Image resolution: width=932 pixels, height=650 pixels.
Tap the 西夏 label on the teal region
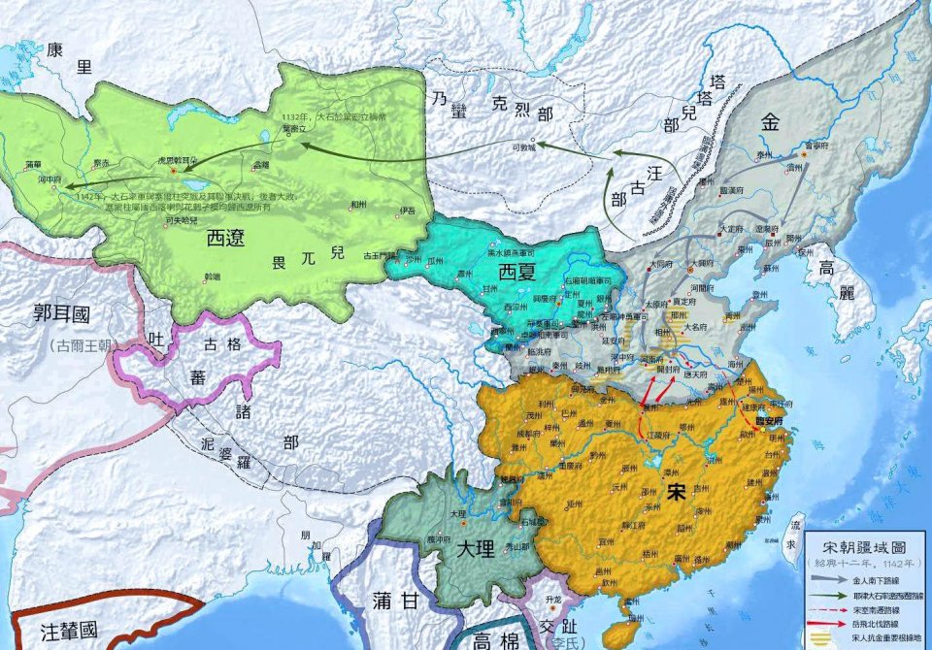[517, 274]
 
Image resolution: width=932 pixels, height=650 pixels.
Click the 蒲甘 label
[394, 601]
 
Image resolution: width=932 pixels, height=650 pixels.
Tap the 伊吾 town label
[407, 211]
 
